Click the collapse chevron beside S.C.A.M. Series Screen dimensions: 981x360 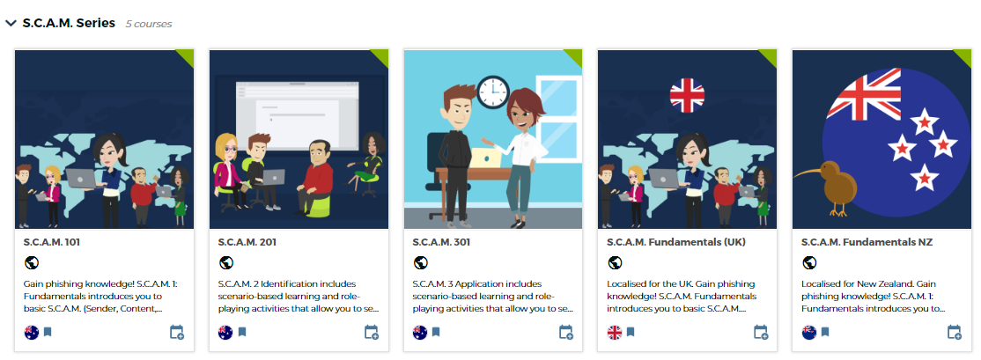tap(11, 23)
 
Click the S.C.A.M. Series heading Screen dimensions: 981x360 tap(69, 23)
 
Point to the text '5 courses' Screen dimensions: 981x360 tap(148, 25)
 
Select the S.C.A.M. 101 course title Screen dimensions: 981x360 tap(52, 242)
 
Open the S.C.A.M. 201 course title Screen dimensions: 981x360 tap(247, 242)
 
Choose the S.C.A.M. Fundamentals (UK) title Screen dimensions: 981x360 tap(676, 242)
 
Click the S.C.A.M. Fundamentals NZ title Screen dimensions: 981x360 tap(867, 242)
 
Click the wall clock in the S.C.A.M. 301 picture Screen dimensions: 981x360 tap(494, 92)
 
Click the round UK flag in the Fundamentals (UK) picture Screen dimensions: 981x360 tap(687, 96)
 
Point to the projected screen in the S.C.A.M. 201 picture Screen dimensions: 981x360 tap(298, 114)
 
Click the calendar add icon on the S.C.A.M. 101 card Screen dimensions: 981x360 tap(177, 332)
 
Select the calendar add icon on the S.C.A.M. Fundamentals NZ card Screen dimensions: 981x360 tap(955, 332)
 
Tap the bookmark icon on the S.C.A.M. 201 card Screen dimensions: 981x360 tap(242, 332)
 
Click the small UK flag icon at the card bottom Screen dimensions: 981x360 tap(615, 332)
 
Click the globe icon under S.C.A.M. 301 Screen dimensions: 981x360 tap(421, 263)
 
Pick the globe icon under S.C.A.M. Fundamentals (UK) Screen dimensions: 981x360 tap(616, 263)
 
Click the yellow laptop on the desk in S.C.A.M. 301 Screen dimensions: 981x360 tap(483, 158)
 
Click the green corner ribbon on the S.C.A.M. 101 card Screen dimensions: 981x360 tap(187, 56)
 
